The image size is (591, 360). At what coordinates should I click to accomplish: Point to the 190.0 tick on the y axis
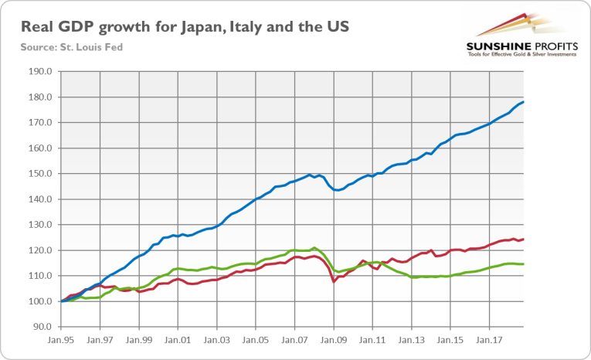point(40,72)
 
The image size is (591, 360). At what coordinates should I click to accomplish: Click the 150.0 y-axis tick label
point(40,174)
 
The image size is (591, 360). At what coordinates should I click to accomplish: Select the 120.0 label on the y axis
point(40,250)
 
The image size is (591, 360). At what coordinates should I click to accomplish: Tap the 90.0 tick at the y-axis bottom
point(42,327)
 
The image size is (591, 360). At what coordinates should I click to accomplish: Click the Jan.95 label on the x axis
point(61,339)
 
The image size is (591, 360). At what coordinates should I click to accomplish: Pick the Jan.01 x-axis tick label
point(178,339)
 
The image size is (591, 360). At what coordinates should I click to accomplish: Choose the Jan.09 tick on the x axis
point(333,339)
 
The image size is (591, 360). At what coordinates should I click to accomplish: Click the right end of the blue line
point(524,102)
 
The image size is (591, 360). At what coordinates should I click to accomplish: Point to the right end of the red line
point(524,239)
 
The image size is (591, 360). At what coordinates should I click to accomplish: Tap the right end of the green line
point(524,264)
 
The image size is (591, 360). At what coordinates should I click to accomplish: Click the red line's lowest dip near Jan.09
point(334,281)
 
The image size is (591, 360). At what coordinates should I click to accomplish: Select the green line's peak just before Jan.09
point(314,248)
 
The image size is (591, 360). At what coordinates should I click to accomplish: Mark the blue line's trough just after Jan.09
point(337,190)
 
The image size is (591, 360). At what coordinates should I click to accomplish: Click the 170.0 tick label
point(40,123)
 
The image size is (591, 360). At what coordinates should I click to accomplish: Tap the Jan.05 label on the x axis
point(255,339)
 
